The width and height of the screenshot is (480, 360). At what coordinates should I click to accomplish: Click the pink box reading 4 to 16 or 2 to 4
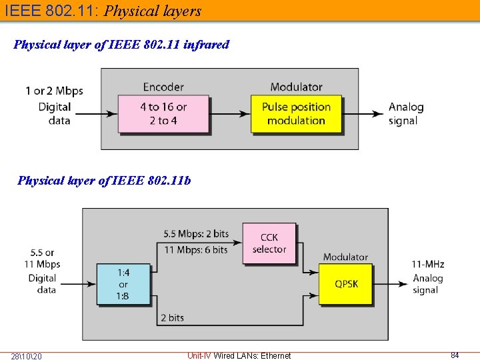pos(163,113)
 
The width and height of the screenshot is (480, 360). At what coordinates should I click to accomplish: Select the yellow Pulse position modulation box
pos(296,113)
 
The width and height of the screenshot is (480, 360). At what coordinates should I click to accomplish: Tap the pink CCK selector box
pos(269,243)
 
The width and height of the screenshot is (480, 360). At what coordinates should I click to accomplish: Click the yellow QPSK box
pos(346,284)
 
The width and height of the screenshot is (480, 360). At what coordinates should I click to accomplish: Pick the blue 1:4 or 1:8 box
pos(123,284)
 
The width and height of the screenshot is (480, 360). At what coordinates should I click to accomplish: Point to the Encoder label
pos(163,87)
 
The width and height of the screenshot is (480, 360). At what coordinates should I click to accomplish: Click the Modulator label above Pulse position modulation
pos(296,87)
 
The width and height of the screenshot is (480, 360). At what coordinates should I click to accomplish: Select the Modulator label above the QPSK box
pos(345,257)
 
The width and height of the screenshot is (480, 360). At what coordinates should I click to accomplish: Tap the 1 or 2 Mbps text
pos(55,91)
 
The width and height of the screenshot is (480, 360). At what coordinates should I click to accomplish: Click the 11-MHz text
pos(428,265)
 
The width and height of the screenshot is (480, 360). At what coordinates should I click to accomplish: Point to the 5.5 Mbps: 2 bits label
pos(196,234)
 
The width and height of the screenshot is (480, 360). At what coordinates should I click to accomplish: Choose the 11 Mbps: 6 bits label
pos(196,249)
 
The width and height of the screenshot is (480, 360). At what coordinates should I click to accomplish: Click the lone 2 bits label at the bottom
pos(172,318)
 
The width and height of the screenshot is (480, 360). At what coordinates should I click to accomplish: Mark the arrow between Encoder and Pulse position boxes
pos(230,114)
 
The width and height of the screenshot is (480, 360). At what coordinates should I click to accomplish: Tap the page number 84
pos(455,355)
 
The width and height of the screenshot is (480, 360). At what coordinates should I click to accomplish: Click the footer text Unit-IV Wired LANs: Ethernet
pos(239,355)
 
